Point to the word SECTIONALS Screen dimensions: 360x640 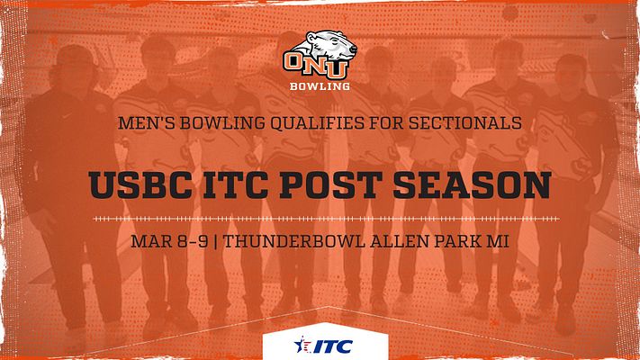tap(468, 123)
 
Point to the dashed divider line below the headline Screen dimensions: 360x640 tap(320, 218)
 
